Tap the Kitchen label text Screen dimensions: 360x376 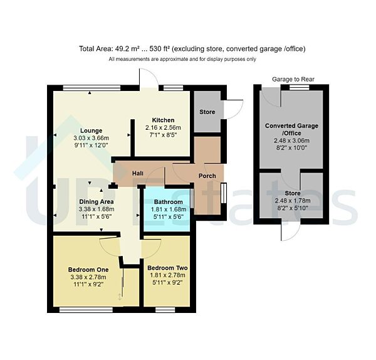coord(163,120)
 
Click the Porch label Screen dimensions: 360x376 coord(208,176)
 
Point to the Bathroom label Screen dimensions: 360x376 coord(168,202)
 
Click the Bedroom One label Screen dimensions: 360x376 coord(88,270)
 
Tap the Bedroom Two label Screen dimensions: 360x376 coord(167,268)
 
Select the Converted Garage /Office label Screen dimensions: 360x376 coord(291,129)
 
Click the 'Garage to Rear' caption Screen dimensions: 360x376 coord(294,79)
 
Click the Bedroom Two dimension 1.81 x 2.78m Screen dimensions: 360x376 coord(167,276)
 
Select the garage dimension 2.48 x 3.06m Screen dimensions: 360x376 coord(291,142)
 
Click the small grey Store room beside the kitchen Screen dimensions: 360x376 coord(207,112)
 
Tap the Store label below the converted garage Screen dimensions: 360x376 coord(291,193)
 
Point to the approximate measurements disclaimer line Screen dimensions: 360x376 coord(182,59)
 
